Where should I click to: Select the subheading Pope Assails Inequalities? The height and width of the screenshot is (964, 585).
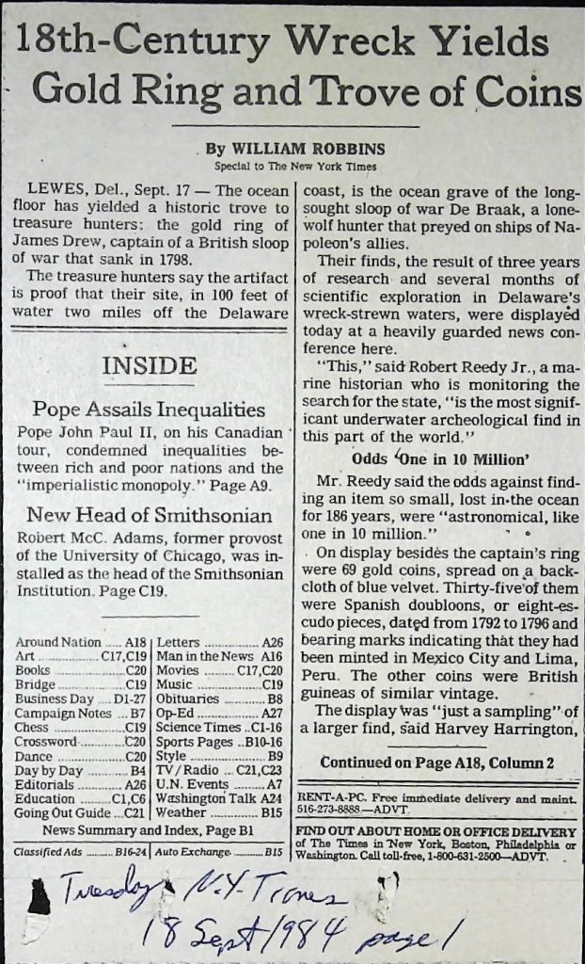pyautogui.click(x=149, y=410)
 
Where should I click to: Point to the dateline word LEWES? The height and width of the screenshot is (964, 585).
pyautogui.click(x=54, y=190)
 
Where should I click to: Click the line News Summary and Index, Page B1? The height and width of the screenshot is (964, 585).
pyautogui.click(x=150, y=830)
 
